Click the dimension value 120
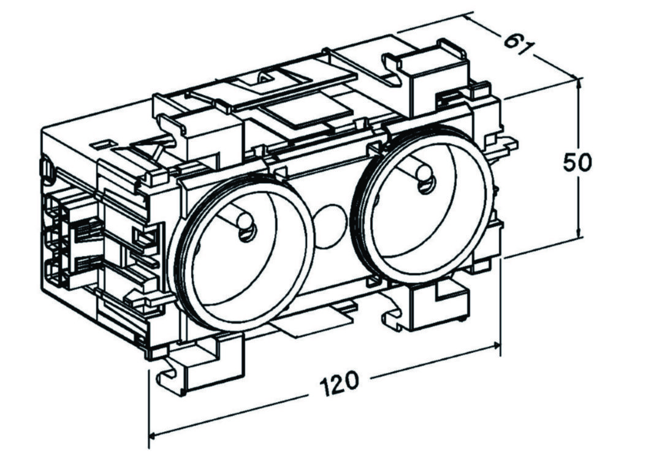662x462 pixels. pyautogui.click(x=338, y=383)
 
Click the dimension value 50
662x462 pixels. pyautogui.click(x=577, y=162)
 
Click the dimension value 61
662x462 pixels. pyautogui.click(x=517, y=43)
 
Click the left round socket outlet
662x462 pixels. pyautogui.click(x=242, y=252)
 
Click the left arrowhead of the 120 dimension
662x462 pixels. pyautogui.click(x=153, y=436)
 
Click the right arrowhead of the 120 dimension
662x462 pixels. pyautogui.click(x=497, y=346)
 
